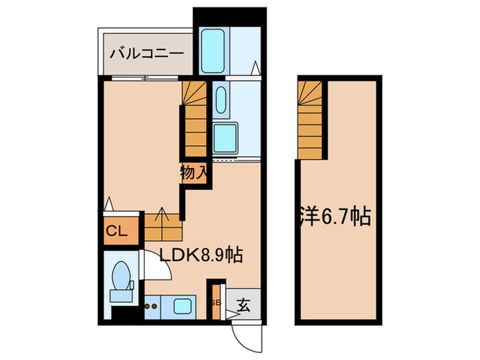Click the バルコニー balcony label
145,52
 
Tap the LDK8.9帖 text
201,256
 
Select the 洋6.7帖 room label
335,217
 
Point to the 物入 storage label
194,173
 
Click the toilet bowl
122,274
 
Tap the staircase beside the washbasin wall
195,120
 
